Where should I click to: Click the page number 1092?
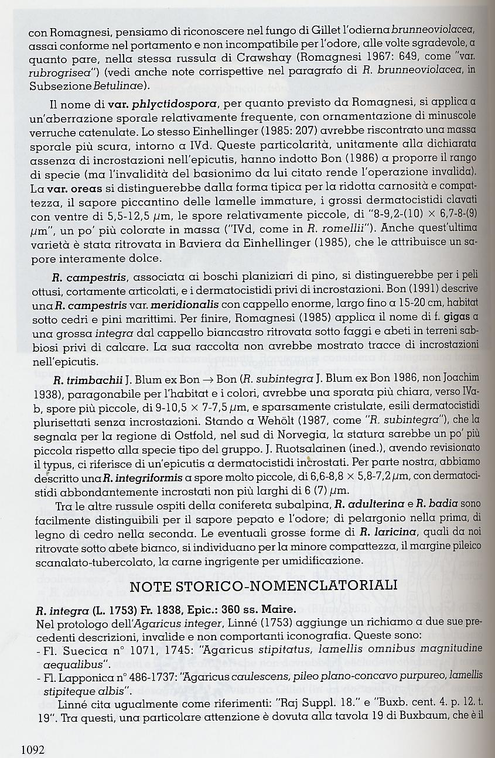[x=33, y=749]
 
